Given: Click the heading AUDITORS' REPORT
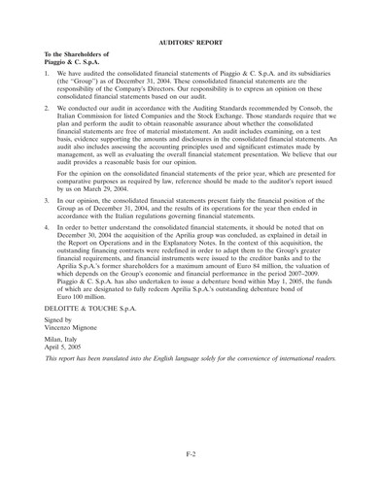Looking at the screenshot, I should [x=191, y=17].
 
